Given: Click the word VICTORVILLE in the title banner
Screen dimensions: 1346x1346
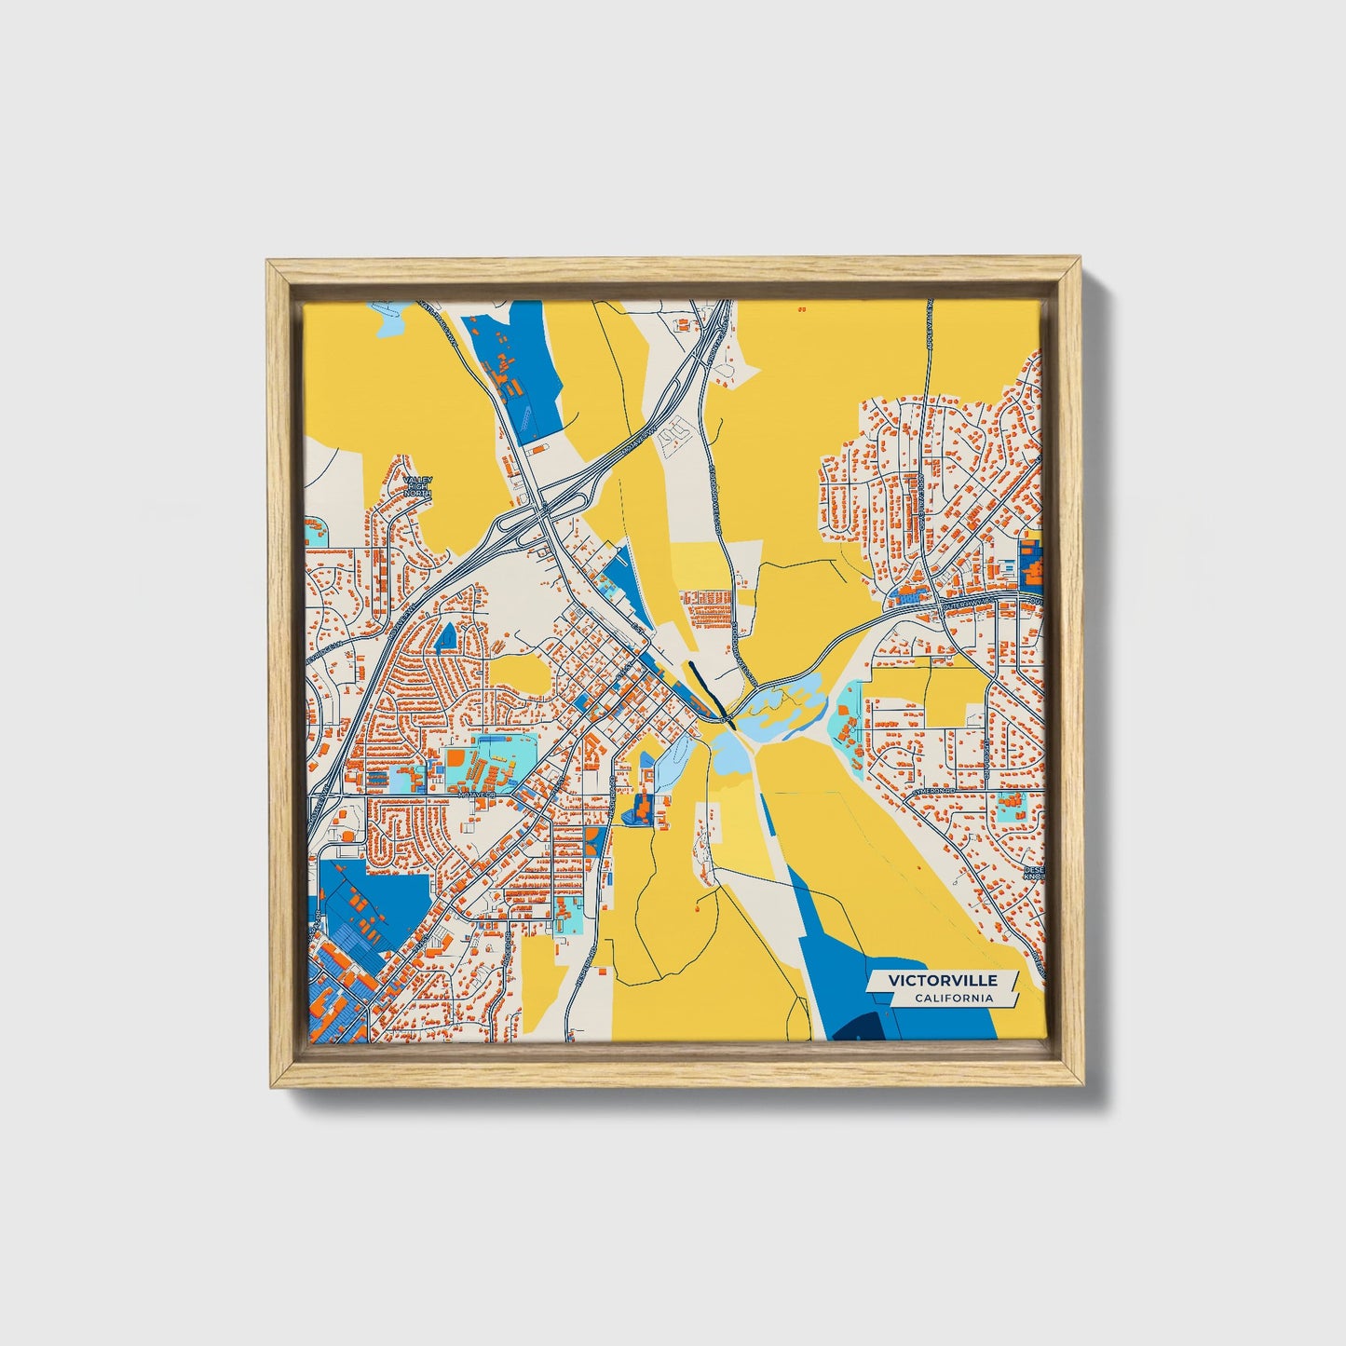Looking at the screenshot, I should click(x=942, y=980).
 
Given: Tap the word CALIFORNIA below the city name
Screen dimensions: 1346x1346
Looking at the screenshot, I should click(x=953, y=999).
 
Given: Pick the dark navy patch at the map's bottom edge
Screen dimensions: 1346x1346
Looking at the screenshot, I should click(x=858, y=1028).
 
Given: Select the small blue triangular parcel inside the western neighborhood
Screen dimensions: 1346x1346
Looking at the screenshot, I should click(x=446, y=636).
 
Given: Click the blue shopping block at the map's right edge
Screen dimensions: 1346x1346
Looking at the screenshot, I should click(x=1031, y=560).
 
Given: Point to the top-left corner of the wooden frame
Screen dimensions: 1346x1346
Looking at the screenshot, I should click(x=270, y=263).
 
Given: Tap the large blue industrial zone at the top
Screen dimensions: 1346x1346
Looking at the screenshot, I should click(x=514, y=368).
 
